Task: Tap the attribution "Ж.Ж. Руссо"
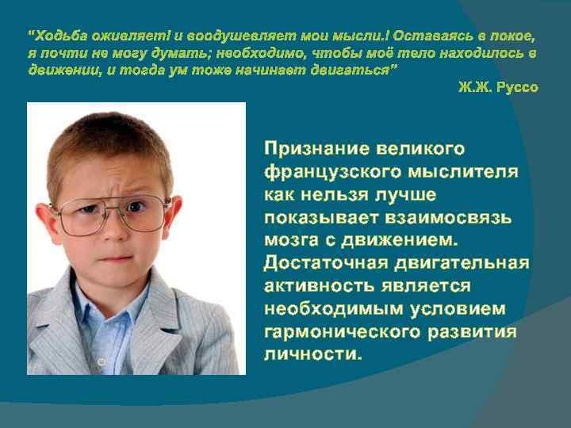498,87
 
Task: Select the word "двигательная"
466,262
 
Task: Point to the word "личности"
312,353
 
